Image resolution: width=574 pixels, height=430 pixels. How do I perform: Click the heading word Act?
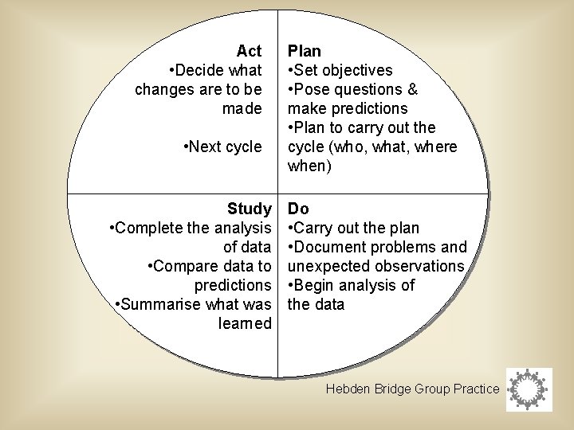tap(249, 51)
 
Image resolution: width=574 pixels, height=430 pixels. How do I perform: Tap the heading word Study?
tap(249, 209)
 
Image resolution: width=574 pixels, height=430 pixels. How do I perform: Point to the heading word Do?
tap(298, 209)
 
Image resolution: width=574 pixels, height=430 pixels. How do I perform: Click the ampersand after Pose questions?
tap(411, 89)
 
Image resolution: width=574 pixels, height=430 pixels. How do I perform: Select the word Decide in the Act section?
tap(197, 70)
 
